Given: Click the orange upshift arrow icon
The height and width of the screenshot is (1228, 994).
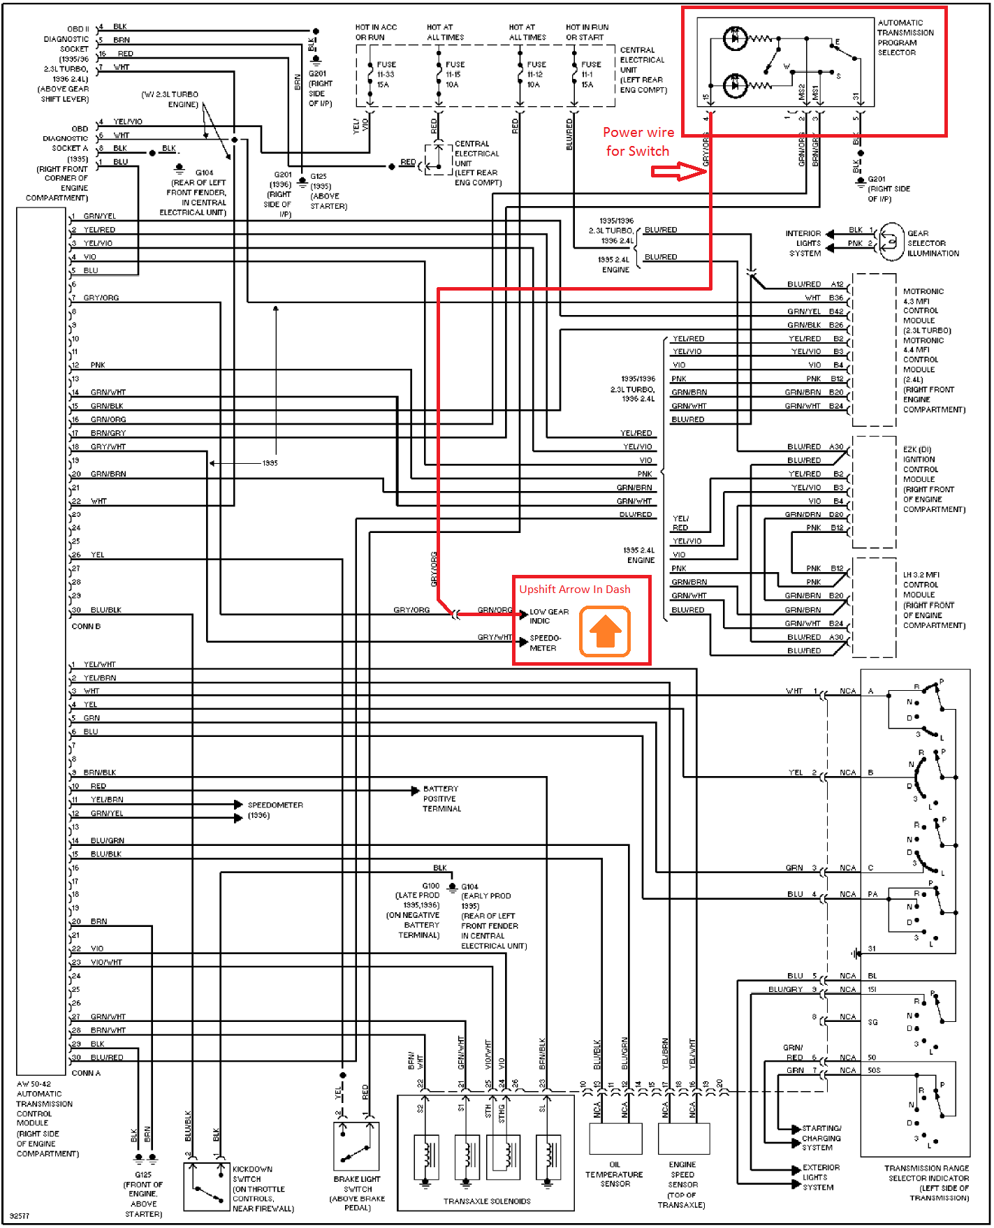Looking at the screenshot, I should pyautogui.click(x=605, y=631).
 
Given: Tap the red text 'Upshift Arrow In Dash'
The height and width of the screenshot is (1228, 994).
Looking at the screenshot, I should pyautogui.click(x=574, y=590).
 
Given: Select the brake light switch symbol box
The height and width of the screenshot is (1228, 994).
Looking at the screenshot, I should pyautogui.click(x=356, y=1146).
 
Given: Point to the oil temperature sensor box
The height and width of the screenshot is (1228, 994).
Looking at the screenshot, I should pyautogui.click(x=615, y=1139).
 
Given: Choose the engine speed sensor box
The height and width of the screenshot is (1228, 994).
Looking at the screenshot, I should pyautogui.click(x=684, y=1139).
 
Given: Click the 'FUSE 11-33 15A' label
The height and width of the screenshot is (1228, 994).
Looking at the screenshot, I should pyautogui.click(x=386, y=75).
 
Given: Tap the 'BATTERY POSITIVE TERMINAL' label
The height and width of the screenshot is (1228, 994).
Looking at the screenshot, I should pyautogui.click(x=441, y=798).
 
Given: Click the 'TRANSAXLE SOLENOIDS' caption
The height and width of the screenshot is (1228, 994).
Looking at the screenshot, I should pyautogui.click(x=487, y=1201).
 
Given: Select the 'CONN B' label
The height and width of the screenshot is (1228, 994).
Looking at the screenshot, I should pyautogui.click(x=86, y=627).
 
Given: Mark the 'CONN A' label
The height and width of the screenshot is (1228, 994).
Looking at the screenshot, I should pyautogui.click(x=86, y=1073).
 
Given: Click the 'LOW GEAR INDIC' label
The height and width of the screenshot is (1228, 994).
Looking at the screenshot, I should pyautogui.click(x=549, y=616).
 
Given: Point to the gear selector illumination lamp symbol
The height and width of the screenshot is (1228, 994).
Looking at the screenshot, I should pyautogui.click(x=891, y=241).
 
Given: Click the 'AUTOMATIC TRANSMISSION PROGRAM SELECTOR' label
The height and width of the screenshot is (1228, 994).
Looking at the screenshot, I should pyautogui.click(x=905, y=38).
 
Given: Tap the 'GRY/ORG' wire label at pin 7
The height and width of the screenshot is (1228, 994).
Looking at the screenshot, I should pyautogui.click(x=101, y=298).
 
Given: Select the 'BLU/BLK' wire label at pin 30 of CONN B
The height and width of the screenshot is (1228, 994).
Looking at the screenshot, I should pyautogui.click(x=106, y=610).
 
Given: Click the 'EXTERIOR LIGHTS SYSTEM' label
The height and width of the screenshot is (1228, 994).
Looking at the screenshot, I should pyautogui.click(x=821, y=1177).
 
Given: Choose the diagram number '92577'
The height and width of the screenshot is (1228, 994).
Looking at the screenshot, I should pyautogui.click(x=20, y=1216).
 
